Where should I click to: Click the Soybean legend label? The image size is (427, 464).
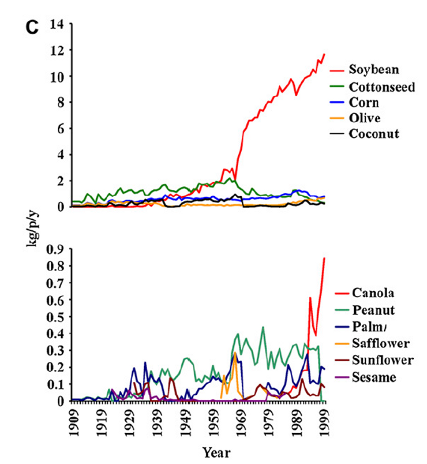[x=373, y=69]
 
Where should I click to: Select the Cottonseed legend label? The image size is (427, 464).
[x=381, y=86]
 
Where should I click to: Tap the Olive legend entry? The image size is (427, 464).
[x=365, y=118]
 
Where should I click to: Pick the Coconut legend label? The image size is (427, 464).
[x=374, y=134]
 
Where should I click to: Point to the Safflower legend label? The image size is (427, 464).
[x=380, y=343]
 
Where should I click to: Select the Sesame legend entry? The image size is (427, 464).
[x=373, y=377]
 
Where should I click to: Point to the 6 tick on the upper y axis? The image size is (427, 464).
[x=62, y=128]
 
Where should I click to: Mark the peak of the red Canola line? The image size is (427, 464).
[x=325, y=258]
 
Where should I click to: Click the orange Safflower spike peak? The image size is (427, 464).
[x=235, y=353]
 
